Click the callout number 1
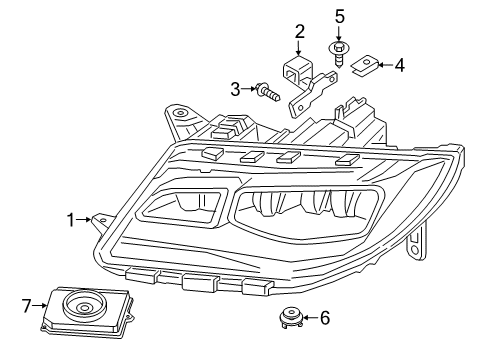[x=71, y=218]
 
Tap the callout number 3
[x=236, y=90]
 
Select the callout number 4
[x=399, y=66]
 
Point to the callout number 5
[x=339, y=17]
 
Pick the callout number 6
[x=324, y=318]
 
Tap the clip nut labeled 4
[x=365, y=66]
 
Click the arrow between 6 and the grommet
[x=308, y=318]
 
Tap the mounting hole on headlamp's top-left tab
[x=180, y=115]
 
